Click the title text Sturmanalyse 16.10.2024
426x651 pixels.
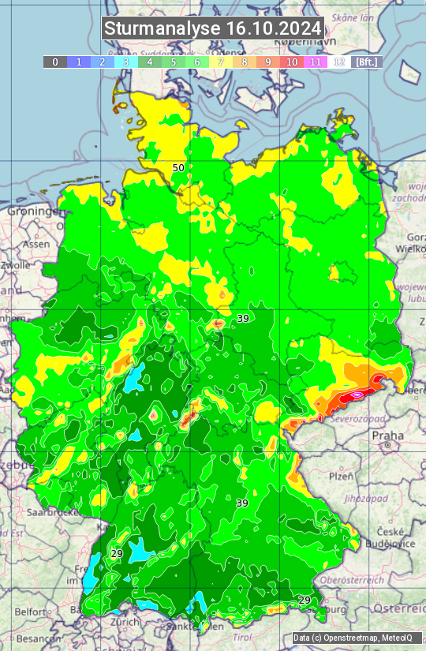(213, 28)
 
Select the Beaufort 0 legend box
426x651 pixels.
(54, 62)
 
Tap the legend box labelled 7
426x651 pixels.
(221, 62)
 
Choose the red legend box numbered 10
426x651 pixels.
(292, 62)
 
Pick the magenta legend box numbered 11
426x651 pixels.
(316, 62)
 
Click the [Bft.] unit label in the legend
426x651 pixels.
(366, 62)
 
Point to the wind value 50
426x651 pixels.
(178, 168)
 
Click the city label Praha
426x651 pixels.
(387, 435)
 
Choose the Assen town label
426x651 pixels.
(35, 245)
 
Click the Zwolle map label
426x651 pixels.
(16, 265)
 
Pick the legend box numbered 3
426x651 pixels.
(125, 62)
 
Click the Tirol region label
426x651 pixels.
(241, 637)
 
